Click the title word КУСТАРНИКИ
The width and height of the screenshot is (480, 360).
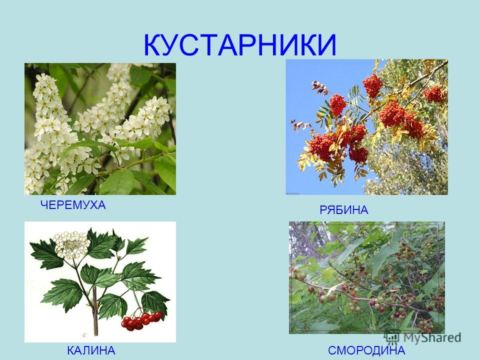pos(240,45)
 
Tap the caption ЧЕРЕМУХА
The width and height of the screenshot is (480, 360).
pos(73,205)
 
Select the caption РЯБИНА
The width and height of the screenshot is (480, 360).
pos(344,210)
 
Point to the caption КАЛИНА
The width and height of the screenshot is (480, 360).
pos(91,350)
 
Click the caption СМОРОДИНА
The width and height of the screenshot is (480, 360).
pos(366,350)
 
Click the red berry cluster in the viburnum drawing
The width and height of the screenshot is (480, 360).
pos(141,321)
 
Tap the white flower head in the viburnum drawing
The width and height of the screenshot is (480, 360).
pos(71,244)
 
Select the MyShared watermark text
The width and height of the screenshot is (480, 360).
pos(432,337)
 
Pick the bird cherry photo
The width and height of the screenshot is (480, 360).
pos(100,129)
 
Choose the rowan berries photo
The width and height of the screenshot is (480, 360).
pos(366,127)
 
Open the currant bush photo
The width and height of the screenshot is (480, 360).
pos(366,277)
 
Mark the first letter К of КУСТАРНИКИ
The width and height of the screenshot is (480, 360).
pos(153,45)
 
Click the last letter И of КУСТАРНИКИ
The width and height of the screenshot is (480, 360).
pos(327,45)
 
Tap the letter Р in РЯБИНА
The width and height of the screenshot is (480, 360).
pos(323,210)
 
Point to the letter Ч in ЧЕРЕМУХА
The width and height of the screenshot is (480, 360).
pos(44,205)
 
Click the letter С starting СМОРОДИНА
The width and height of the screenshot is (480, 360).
pos(332,350)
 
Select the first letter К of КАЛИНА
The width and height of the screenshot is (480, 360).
pos(71,350)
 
